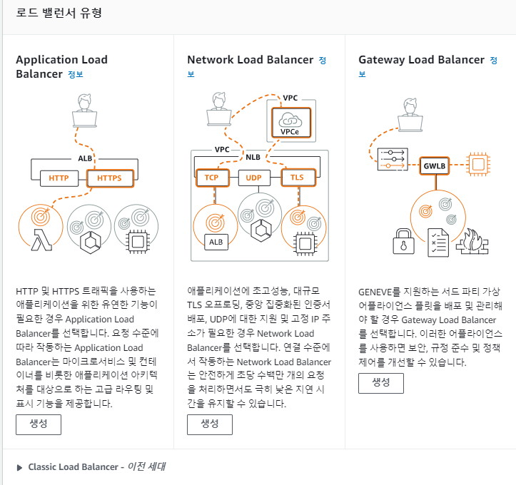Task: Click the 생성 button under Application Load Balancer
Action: coord(39,424)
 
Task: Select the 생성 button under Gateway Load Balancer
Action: coord(380,383)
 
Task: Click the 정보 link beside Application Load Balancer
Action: coord(76,74)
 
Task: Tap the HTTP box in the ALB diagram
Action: coord(59,178)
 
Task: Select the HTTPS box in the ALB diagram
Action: coord(110,178)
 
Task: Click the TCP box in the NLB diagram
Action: coord(212,178)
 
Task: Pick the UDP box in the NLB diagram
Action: coord(254,178)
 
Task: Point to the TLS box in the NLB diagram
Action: coord(298,178)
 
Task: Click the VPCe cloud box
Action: coord(291,122)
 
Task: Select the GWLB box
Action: coord(435,165)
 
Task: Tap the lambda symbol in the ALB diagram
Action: coord(41,240)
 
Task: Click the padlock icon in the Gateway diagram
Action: coord(404,242)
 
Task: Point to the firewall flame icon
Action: coord(472,242)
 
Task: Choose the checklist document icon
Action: coord(438,242)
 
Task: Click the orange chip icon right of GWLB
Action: coord(478,164)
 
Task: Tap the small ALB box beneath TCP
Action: coord(216,242)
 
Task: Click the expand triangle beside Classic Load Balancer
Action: coord(19,467)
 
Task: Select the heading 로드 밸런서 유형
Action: coord(59,13)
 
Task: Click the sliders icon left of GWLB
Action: coord(393,159)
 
